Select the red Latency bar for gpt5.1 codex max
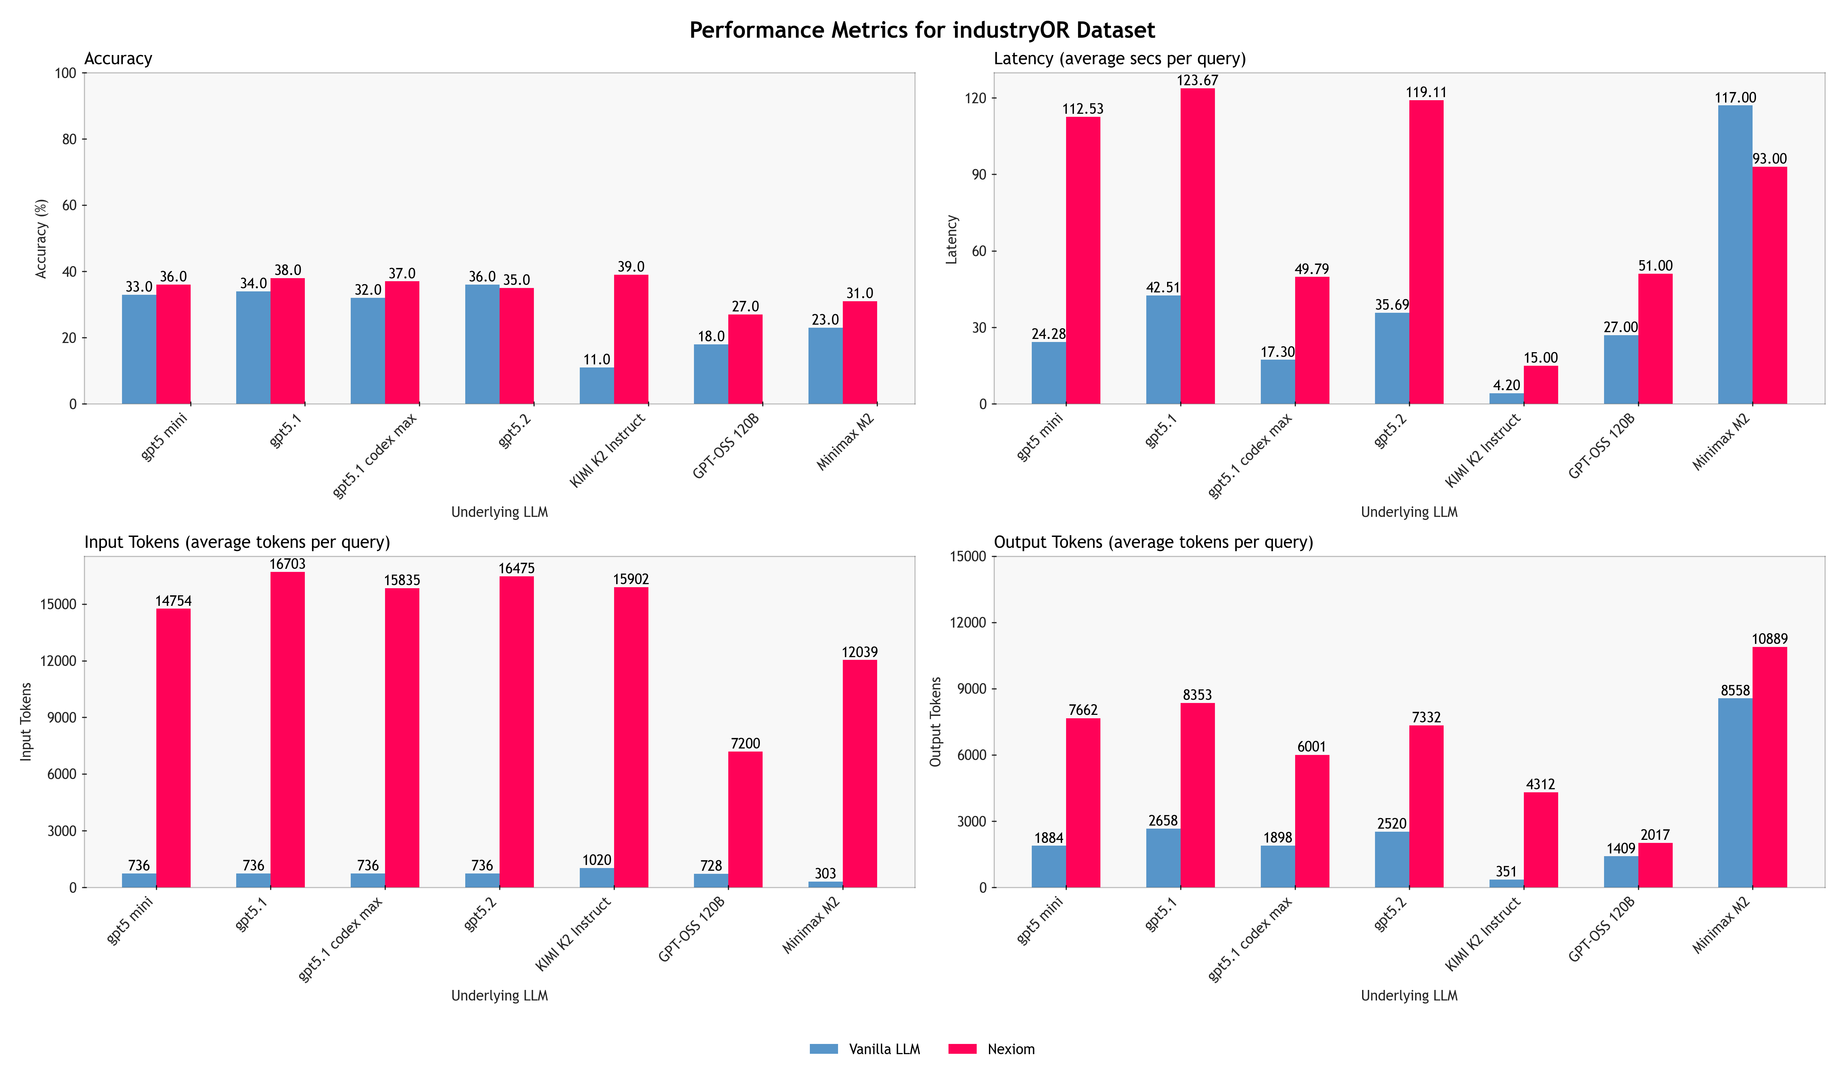(1312, 340)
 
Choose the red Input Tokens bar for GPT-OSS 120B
(745, 819)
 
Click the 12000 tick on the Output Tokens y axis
(967, 623)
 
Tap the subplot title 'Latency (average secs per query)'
(1119, 58)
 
